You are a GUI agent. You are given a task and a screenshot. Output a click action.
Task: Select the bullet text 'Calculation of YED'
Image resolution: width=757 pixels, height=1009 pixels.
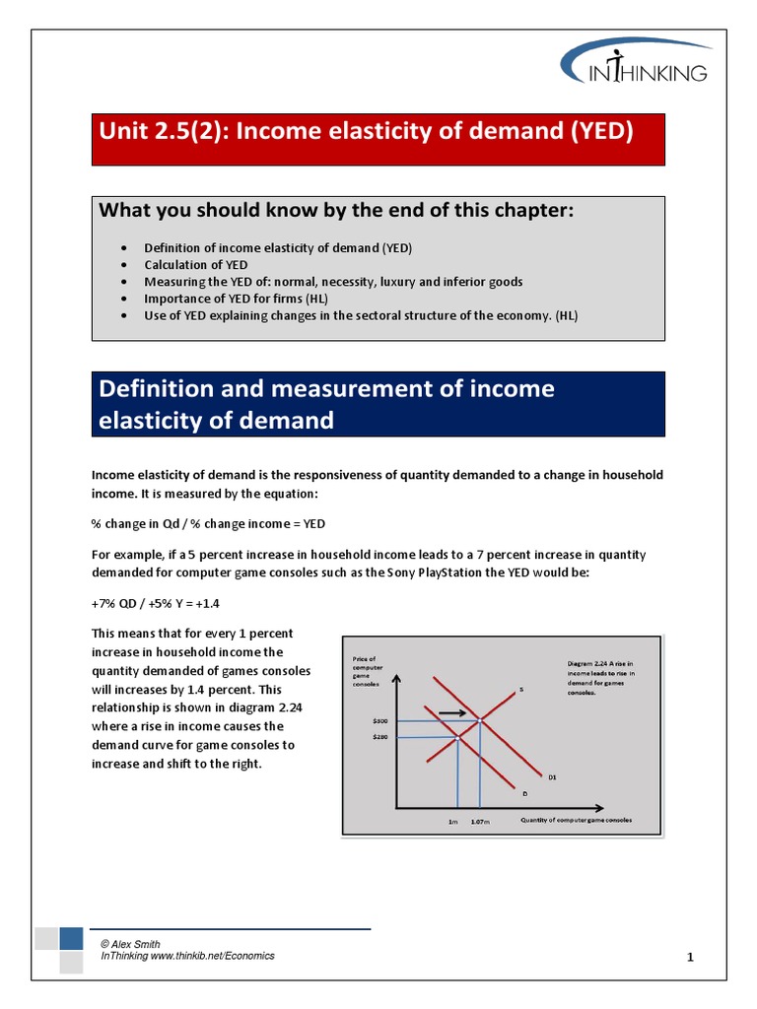tap(196, 265)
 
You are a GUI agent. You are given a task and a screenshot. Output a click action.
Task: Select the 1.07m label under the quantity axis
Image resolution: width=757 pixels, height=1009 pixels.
tap(480, 821)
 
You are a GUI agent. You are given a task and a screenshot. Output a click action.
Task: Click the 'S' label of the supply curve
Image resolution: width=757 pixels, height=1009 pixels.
tap(521, 690)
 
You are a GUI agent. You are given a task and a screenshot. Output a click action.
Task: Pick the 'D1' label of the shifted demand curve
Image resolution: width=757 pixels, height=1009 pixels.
tap(552, 776)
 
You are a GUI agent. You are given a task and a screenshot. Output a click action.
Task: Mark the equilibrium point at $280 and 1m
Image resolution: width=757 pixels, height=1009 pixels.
tap(458, 736)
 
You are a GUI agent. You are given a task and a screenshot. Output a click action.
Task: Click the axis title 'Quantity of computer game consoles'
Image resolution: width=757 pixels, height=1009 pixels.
tap(576, 820)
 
